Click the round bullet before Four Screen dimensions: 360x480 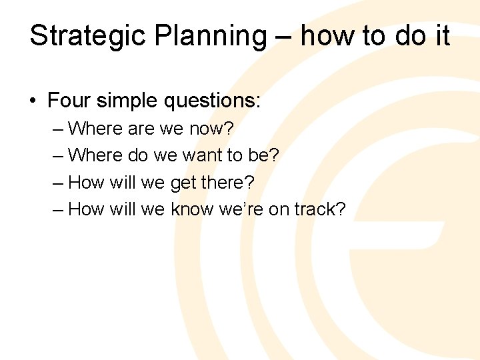click(x=33, y=101)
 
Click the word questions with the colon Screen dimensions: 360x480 click(x=215, y=101)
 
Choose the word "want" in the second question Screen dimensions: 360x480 click(x=204, y=155)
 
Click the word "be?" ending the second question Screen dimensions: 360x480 click(x=265, y=155)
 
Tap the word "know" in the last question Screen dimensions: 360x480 click(x=191, y=209)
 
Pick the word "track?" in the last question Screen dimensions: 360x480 click(x=321, y=209)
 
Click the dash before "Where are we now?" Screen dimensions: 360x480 click(x=58, y=127)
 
